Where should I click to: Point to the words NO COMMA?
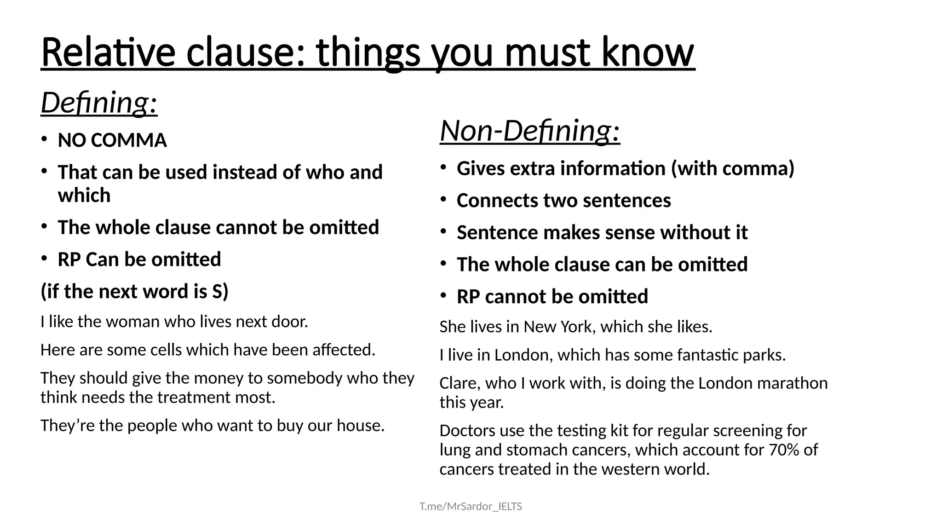(112, 140)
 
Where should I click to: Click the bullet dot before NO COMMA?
(44, 139)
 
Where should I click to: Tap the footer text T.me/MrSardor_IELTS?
(471, 507)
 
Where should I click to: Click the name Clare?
(458, 383)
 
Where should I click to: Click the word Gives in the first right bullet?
(480, 168)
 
